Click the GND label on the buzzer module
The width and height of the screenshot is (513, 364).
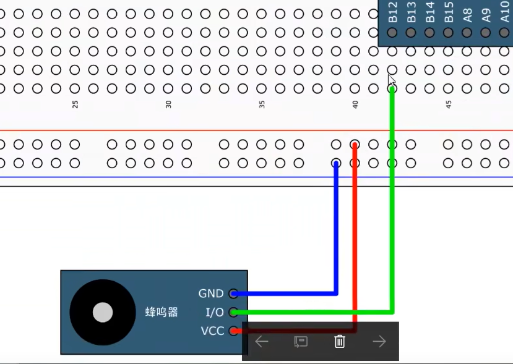tap(211, 294)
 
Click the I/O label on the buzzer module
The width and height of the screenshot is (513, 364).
tap(213, 312)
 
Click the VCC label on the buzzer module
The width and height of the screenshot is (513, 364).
tap(212, 331)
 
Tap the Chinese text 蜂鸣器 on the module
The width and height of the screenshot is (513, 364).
tap(162, 312)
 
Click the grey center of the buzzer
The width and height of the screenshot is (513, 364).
tap(103, 313)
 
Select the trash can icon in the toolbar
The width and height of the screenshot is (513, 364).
tap(339, 341)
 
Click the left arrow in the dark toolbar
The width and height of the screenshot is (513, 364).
tap(262, 341)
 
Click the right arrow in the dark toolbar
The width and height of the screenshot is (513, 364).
tap(379, 341)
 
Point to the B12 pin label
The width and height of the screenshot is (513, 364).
tap(392, 14)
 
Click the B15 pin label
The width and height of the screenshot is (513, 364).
tap(449, 14)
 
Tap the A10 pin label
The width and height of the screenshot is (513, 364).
tap(505, 14)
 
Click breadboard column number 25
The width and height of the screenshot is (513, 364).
tap(75, 104)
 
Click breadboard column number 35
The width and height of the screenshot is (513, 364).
tap(262, 104)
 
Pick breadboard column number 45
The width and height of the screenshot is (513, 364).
tap(449, 104)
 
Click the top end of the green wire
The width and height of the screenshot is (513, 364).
tap(392, 89)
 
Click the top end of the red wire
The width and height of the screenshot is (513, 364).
tap(355, 145)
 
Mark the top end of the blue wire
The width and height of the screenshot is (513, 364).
tap(336, 164)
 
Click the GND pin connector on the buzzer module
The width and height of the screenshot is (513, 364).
tap(233, 294)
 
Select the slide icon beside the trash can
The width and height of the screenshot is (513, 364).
tap(301, 341)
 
